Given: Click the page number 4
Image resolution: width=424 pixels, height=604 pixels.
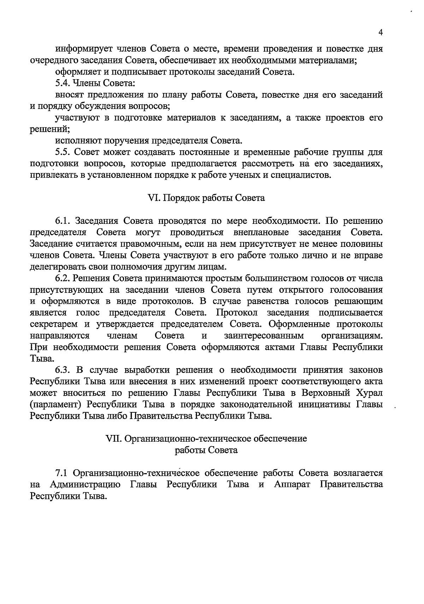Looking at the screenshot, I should point(380,33).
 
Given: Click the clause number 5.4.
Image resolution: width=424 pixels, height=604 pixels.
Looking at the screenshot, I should point(63,83).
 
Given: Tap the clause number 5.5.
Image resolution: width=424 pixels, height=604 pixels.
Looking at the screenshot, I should point(64,152).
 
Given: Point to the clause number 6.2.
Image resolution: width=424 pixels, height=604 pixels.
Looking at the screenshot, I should point(63,279).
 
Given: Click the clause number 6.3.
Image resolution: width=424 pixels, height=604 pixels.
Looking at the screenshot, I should point(63,370).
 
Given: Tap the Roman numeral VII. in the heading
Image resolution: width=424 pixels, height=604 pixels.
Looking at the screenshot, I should point(114,439).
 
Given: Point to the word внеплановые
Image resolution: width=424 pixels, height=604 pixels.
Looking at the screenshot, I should point(261,233).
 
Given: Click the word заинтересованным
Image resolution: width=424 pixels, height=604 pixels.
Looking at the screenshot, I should point(264,336).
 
